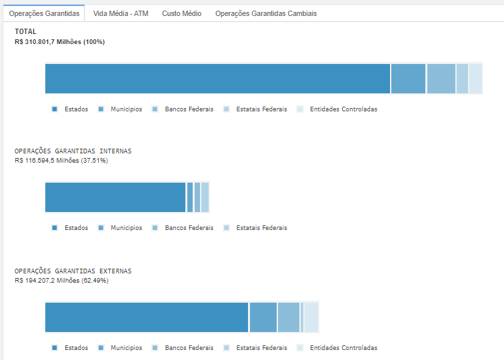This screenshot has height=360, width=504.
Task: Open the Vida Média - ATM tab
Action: point(121,13)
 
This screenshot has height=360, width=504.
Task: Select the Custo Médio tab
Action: point(181,13)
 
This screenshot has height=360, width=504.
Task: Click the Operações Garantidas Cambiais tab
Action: point(266,13)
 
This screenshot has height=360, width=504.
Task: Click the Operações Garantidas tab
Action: point(44,13)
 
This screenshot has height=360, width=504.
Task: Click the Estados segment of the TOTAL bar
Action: point(217,79)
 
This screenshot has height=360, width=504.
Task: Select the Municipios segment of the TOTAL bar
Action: point(408,79)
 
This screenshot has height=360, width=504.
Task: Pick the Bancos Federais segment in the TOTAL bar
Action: point(441,79)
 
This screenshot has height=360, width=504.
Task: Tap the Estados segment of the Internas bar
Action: point(115,197)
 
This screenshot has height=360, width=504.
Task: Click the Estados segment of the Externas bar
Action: point(147,317)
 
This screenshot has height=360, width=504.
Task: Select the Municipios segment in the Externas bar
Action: point(263,317)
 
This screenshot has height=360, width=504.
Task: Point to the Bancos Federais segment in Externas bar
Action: point(289,317)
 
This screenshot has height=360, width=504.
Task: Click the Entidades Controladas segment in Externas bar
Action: point(311,317)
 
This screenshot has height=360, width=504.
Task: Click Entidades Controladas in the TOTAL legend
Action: point(343,109)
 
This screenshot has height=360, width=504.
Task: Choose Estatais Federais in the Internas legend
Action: point(261,228)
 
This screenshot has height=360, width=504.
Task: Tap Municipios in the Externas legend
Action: point(126,348)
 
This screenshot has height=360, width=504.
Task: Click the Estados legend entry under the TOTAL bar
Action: point(76,109)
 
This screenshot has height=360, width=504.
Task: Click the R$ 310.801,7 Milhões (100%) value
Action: point(59,42)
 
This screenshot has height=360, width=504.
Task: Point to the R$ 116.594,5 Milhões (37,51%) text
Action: point(61,161)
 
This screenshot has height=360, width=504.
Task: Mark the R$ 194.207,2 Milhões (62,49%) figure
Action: point(61,281)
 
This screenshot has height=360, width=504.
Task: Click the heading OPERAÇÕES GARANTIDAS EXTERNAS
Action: point(73,271)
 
